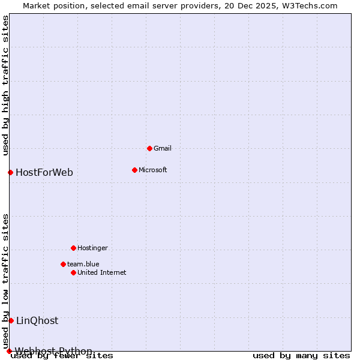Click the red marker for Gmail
(x=149, y=148)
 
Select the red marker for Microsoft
(x=134, y=170)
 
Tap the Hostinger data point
(x=73, y=248)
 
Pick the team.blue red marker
(x=63, y=264)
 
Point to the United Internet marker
(x=73, y=272)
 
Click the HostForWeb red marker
(x=10, y=173)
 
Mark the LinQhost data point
(x=11, y=320)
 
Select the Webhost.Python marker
(x=9, y=351)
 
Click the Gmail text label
(x=163, y=148)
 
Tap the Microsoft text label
(x=153, y=170)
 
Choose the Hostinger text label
(x=93, y=248)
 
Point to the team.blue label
(x=83, y=264)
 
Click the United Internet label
(x=102, y=272)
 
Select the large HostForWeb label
(x=44, y=173)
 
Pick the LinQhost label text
(x=37, y=320)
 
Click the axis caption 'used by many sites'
(x=301, y=356)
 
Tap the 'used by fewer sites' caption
(x=62, y=356)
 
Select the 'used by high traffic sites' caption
(x=6, y=85)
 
